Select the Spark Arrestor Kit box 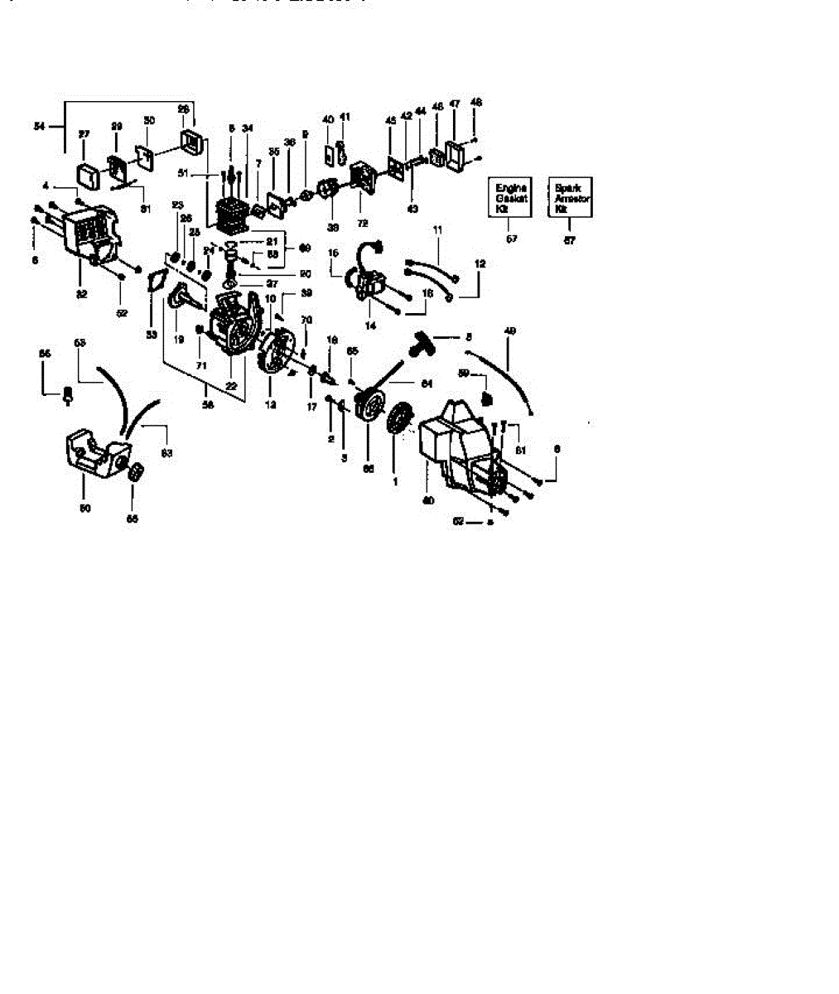571,198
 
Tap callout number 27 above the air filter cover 84,134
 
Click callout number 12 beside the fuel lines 480,263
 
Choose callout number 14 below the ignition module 369,326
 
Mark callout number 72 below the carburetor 362,224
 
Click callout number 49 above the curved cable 510,331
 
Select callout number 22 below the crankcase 231,386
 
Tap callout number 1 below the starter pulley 394,480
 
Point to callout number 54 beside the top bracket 38,126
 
